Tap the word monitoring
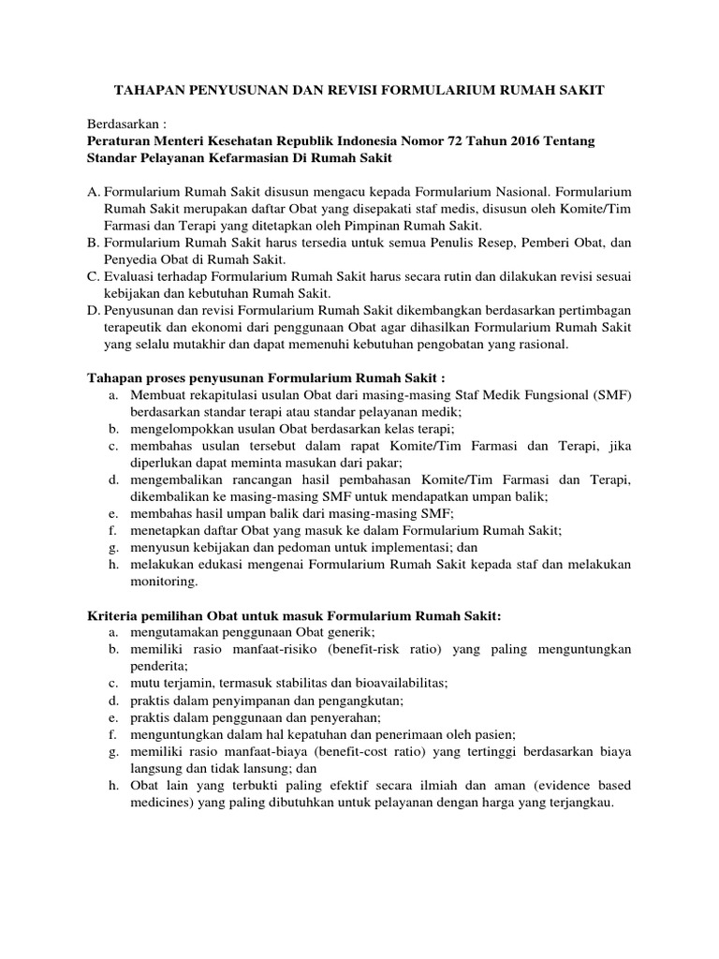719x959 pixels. pos(164,582)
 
